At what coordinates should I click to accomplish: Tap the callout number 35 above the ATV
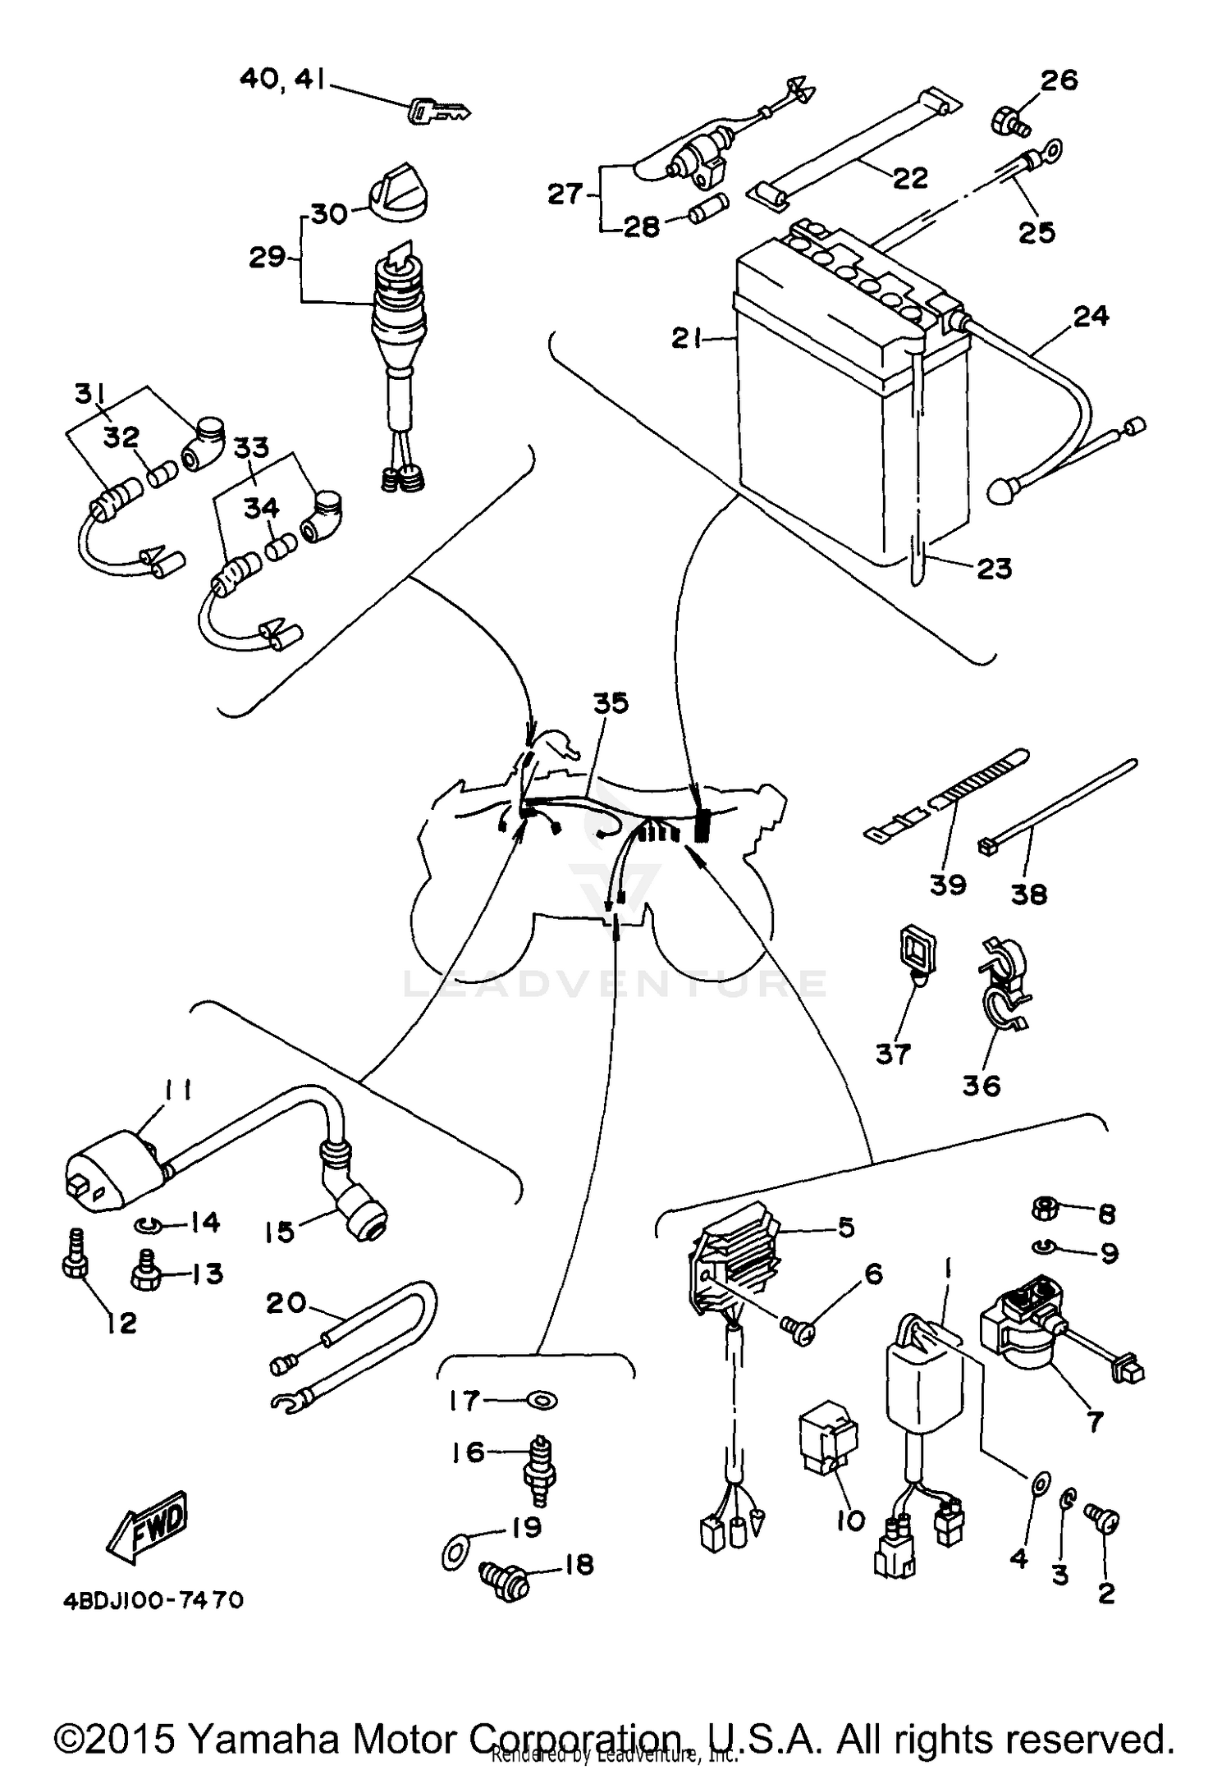click(x=611, y=703)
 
